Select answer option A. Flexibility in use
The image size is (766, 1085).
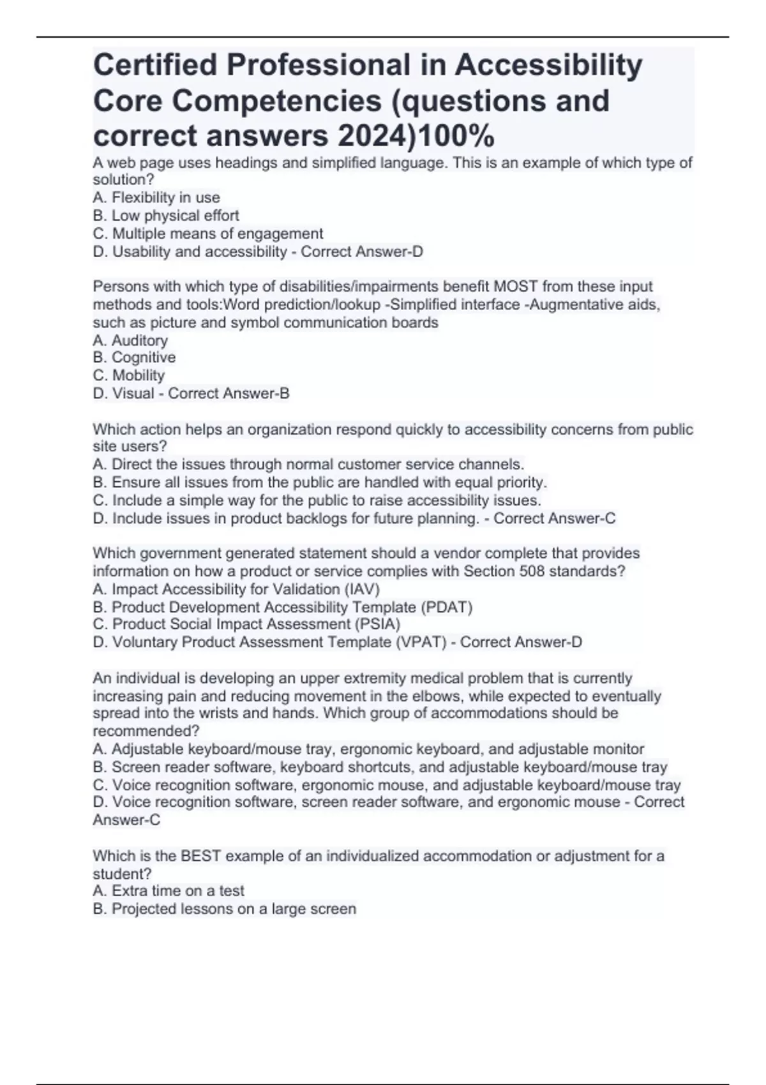tap(156, 198)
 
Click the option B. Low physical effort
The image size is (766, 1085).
tap(166, 216)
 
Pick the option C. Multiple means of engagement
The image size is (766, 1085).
tap(208, 234)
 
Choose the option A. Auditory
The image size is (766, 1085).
tap(130, 340)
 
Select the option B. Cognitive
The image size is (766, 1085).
tap(134, 357)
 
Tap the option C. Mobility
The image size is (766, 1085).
tap(129, 375)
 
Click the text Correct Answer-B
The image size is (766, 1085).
tap(229, 393)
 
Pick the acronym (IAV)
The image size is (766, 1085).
tap(362, 589)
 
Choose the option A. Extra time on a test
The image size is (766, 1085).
tap(169, 891)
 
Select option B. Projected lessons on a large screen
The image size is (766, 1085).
tap(225, 909)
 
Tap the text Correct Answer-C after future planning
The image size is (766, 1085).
tap(554, 518)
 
